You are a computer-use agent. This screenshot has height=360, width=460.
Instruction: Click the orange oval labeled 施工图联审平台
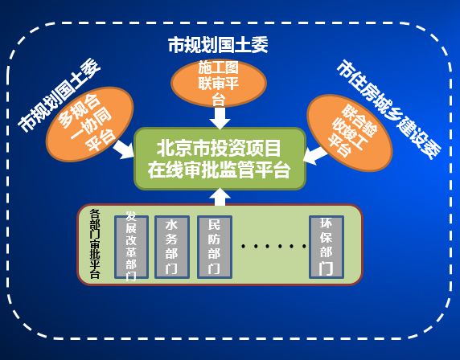point(219,84)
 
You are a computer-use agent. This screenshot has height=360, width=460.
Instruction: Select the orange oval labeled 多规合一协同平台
point(90,124)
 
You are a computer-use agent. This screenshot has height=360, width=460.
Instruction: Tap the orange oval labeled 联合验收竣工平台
point(350,133)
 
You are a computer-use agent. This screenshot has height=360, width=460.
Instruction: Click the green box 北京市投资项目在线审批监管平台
point(220,158)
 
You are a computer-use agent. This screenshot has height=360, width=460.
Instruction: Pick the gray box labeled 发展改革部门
point(131,247)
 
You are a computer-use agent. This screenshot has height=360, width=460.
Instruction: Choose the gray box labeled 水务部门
point(172,247)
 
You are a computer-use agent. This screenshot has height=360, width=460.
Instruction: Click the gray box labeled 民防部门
point(215,247)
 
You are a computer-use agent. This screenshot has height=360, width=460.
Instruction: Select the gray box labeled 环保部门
point(327,247)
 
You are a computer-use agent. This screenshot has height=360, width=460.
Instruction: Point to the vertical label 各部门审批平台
point(95,243)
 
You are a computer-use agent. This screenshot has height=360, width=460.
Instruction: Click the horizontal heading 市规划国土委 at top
point(218,45)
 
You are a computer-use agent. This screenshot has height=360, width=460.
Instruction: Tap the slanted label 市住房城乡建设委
point(388,109)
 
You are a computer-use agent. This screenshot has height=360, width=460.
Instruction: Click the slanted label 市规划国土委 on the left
point(59,95)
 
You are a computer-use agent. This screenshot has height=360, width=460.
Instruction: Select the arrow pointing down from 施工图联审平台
point(220,118)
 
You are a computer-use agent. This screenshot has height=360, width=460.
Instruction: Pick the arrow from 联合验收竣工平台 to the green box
point(315,156)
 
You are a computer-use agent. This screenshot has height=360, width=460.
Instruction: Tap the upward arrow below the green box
point(220,197)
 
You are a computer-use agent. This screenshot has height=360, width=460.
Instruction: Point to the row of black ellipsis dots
point(273,246)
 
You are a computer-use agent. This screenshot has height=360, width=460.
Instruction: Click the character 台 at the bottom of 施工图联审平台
point(219,100)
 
